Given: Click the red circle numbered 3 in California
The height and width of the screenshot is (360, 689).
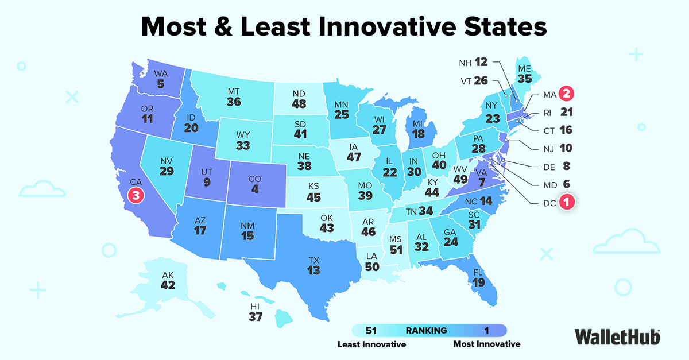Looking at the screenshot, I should click(136, 195).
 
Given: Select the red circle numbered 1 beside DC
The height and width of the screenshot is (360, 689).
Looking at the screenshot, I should click(566, 202).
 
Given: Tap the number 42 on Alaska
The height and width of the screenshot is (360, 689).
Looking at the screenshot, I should click(168, 286).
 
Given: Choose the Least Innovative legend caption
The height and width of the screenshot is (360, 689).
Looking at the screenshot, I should click(371, 344).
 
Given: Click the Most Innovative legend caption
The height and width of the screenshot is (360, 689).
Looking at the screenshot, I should click(486, 344).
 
